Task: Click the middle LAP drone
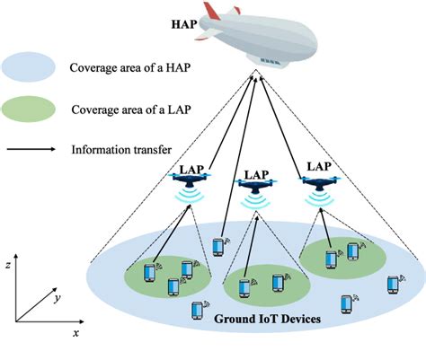click(253, 185)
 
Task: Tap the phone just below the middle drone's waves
click(217, 246)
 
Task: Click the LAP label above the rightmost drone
click(320, 165)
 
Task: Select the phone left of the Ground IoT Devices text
click(196, 311)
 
